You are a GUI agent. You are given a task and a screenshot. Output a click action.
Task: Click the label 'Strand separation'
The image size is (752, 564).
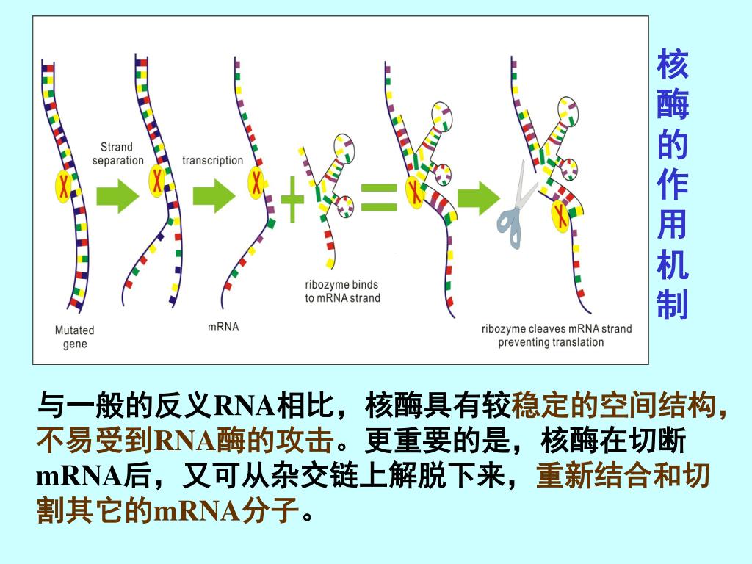pyautogui.click(x=117, y=153)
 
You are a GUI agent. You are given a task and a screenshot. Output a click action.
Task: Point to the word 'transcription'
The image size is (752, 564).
pyautogui.click(x=212, y=160)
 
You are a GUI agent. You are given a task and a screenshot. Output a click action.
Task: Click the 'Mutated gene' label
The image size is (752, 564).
pyautogui.click(x=75, y=337)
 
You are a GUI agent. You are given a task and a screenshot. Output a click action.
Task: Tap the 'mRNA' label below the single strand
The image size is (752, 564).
pyautogui.click(x=223, y=326)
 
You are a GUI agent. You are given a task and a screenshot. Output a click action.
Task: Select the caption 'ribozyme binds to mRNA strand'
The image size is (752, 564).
pyautogui.click(x=342, y=292)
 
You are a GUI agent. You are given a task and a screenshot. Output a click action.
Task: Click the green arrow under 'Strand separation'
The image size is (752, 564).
pyautogui.click(x=117, y=197)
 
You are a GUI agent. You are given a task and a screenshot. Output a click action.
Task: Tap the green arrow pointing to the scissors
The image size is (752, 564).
pyautogui.click(x=478, y=198)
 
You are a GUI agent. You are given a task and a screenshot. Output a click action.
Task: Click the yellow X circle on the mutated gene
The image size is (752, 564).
pyautogui.click(x=65, y=185)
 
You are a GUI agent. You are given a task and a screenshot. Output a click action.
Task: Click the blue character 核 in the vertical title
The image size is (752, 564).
pyautogui.click(x=673, y=65)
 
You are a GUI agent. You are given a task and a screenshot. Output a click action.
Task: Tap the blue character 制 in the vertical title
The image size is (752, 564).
pyautogui.click(x=673, y=304)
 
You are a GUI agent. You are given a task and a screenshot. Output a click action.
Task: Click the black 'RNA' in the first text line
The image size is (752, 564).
pyautogui.click(x=242, y=405)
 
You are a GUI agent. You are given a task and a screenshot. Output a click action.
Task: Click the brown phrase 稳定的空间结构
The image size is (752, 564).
pyautogui.click(x=613, y=405)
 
